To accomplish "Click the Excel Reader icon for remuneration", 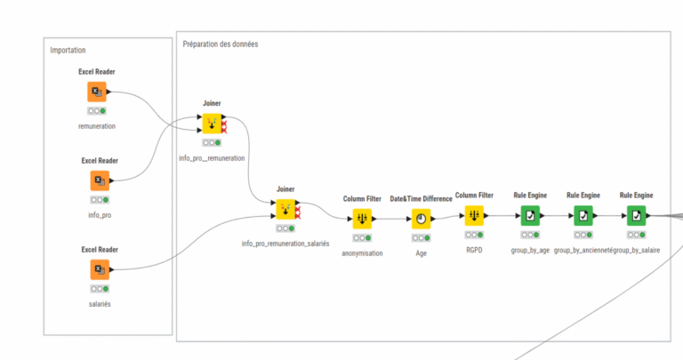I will pos(97,92).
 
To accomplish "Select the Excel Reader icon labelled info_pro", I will pos(100,180).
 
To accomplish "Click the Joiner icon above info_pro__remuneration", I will pos(212,124).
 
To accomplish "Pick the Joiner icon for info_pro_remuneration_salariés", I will pos(285,210).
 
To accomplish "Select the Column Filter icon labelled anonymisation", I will pos(362,218).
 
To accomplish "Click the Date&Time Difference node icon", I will pos(420,218).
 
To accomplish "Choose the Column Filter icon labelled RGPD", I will pos(474,216).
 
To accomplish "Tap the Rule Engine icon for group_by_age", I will pos(529,216).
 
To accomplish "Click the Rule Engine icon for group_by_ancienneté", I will pos(583,216).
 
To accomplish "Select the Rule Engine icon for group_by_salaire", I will pos(636,216).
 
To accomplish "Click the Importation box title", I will pos(68,50).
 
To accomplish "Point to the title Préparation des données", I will pos(221,44).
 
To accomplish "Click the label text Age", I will pos(421,252).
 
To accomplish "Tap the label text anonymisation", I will pos(362,252).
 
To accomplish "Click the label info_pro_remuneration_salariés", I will pos(285,243).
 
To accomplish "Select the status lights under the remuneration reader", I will pos(97,111).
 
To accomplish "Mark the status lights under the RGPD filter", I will pos(474,235).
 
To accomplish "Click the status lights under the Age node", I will pos(420,237).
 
